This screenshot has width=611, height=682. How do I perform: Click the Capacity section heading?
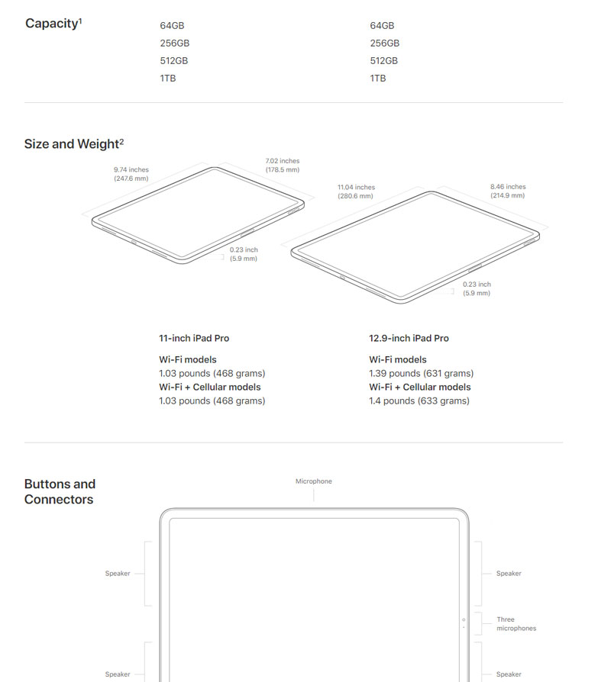pos(53,24)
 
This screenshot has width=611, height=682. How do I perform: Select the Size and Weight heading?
pos(74,143)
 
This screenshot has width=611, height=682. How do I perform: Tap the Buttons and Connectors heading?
pos(60,491)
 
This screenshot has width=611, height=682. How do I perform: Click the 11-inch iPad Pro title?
pos(194,339)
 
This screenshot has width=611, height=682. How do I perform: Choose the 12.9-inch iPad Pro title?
pos(409,339)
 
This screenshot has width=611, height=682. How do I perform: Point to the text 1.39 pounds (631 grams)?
pos(421,374)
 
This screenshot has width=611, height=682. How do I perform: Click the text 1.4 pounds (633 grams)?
pos(419,401)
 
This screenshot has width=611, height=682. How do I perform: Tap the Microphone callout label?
pos(314,481)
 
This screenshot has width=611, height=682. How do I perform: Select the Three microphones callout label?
pos(516,624)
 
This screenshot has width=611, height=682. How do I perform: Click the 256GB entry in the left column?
pos(175,43)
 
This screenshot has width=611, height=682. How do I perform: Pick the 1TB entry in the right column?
pos(378,79)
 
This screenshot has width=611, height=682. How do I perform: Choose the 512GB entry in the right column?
pos(384,61)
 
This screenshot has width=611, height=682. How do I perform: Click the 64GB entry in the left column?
pos(172,26)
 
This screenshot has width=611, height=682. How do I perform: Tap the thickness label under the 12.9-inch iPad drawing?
pos(477,289)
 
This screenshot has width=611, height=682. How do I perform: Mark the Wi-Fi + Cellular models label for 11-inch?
pos(210,387)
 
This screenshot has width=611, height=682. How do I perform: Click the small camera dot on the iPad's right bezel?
pos(464,619)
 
